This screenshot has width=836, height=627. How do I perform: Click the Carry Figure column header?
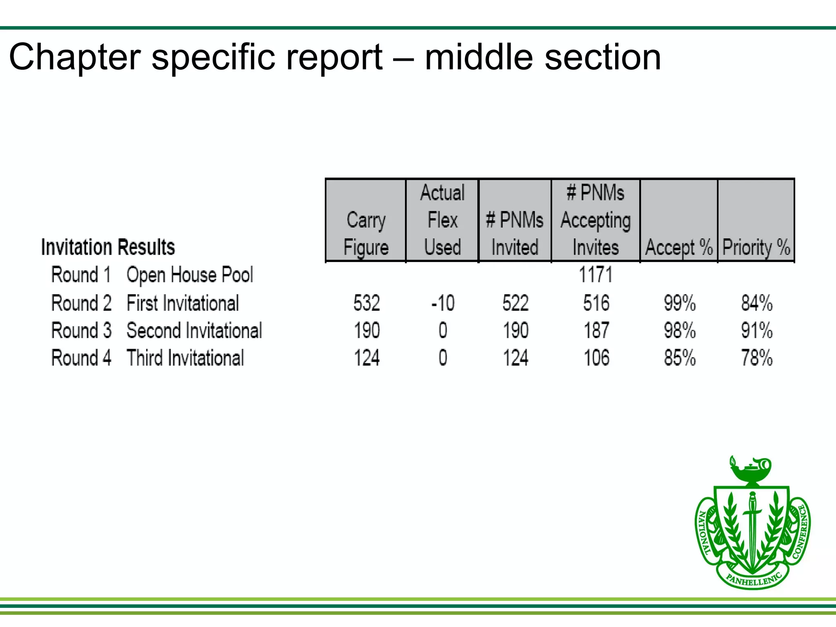coord(366,233)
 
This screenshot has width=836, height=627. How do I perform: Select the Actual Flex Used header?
coord(442,220)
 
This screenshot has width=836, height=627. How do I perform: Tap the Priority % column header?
coord(756,247)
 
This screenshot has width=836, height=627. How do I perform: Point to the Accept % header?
coord(679,247)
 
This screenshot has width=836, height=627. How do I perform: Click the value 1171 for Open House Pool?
coord(596,275)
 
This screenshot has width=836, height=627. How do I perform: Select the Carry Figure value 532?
coord(367,303)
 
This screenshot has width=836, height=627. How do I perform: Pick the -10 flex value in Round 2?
coord(443,303)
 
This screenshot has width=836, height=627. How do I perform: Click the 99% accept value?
coord(680,303)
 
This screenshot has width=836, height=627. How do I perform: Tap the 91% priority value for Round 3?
coord(757,331)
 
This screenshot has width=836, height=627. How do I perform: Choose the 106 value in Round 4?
coord(596,358)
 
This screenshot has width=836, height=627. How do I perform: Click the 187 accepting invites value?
coord(596,331)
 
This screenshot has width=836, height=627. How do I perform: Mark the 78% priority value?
coord(757,358)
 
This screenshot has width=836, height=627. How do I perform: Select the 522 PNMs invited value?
coord(516,303)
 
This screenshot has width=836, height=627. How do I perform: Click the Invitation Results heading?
coord(108,247)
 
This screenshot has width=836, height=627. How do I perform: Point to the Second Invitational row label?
coord(194,331)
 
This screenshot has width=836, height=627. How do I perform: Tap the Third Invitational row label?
coord(185,358)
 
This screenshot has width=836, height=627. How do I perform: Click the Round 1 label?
coord(81,275)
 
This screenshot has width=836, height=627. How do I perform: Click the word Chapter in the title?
coord(75,57)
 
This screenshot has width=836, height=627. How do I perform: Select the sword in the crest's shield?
coord(752,527)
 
